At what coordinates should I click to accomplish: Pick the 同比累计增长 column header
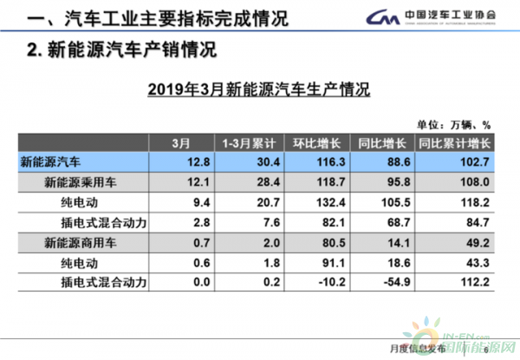(454, 142)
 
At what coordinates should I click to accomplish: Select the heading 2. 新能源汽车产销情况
(121, 49)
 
